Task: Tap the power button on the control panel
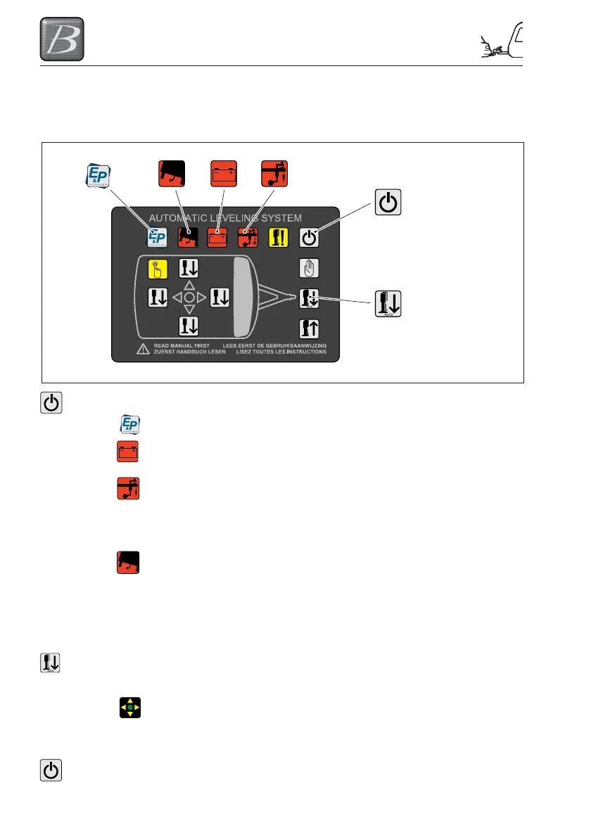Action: tap(310, 237)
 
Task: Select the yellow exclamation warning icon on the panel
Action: tap(280, 237)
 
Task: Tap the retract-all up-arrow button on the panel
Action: tap(310, 327)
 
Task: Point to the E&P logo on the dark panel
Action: tap(156, 237)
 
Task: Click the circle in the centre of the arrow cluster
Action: tap(189, 298)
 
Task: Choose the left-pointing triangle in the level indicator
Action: tap(176, 298)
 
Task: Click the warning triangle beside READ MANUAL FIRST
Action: tap(142, 349)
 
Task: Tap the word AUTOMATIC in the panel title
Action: tap(184, 218)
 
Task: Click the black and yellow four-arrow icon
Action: tap(129, 705)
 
